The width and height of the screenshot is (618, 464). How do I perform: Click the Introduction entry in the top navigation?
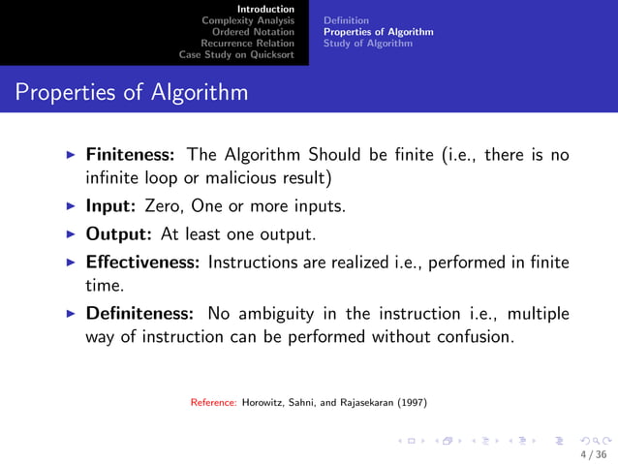tap(266, 9)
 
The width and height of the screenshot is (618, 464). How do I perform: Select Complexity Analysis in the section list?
tap(247, 19)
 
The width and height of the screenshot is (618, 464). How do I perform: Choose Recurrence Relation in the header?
tap(247, 43)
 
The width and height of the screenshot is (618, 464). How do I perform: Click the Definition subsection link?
tap(346, 19)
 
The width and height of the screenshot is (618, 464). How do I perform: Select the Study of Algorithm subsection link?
tap(367, 43)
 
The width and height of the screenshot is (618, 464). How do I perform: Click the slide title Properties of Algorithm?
tap(132, 94)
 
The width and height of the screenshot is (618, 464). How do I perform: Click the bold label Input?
tap(112, 206)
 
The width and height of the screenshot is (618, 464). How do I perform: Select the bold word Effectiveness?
tap(143, 263)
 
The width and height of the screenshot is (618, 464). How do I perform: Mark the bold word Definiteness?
tap(139, 314)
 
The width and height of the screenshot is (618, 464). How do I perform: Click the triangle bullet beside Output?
tap(73, 234)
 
